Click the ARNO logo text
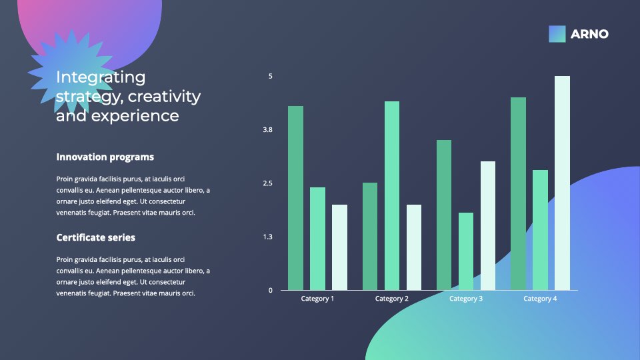pos(589,34)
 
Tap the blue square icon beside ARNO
pos(557,34)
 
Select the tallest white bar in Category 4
pos(562,183)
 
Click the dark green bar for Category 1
pos(295,198)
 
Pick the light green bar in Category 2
pos(392,195)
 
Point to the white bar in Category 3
pos(488,226)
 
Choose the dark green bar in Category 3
pos(444,215)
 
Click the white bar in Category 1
pos(339,247)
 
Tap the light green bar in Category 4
pos(540,230)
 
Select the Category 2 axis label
pos(392,299)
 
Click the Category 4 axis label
pos(540,299)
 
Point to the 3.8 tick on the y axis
pos(267,130)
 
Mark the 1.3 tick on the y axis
pos(267,237)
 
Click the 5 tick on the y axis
pos(270,76)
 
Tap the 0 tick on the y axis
pos(270,290)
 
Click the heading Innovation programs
pos(105,157)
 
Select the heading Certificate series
pos(95,237)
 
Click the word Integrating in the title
pos(101,77)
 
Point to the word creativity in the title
pos(164,96)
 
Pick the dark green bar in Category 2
pos(370,236)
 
